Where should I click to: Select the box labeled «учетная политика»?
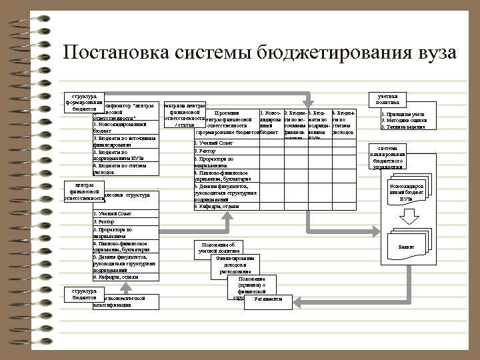tap(387, 99)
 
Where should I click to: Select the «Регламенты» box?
tap(263, 299)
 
